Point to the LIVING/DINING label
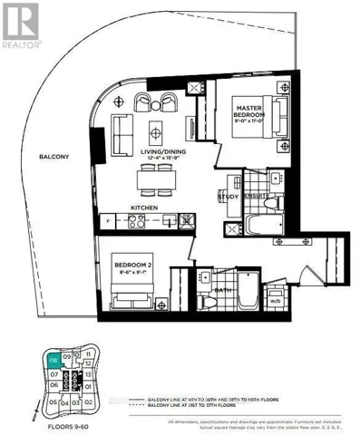(x=155, y=156)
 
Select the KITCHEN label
(x=144, y=208)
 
